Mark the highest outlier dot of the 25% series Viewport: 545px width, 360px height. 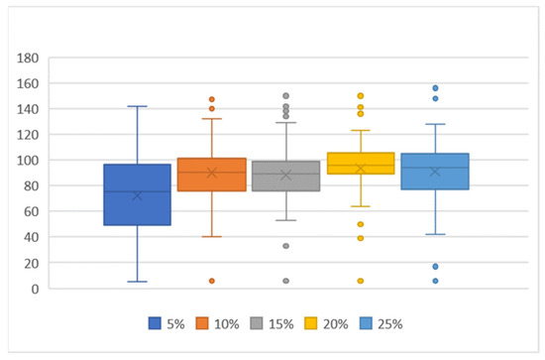tap(435, 88)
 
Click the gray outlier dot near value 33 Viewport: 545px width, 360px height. tap(286, 246)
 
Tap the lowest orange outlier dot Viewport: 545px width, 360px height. tap(212, 281)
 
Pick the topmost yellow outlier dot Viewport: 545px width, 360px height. tap(361, 96)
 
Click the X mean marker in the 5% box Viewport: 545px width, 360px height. tap(138, 195)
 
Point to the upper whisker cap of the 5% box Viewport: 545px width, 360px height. tap(138, 106)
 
